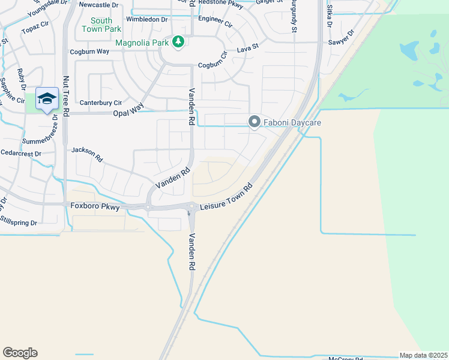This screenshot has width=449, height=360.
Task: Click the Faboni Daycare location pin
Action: click(x=254, y=122)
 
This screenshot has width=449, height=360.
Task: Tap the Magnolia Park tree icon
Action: click(x=178, y=41)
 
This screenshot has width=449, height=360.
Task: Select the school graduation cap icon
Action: click(x=47, y=99)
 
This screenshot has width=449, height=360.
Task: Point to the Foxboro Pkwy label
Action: click(x=94, y=206)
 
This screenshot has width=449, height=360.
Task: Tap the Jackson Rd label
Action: click(x=88, y=155)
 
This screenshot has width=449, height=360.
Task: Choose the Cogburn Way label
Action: click(x=89, y=52)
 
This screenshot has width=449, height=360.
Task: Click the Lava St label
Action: click(x=247, y=47)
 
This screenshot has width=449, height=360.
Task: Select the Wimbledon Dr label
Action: click(x=146, y=19)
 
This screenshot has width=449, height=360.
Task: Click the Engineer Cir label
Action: click(x=215, y=22)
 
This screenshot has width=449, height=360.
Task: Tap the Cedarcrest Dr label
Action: click(x=20, y=154)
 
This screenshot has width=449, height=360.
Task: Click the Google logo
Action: click(x=20, y=353)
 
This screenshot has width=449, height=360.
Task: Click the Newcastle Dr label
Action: click(x=98, y=5)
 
